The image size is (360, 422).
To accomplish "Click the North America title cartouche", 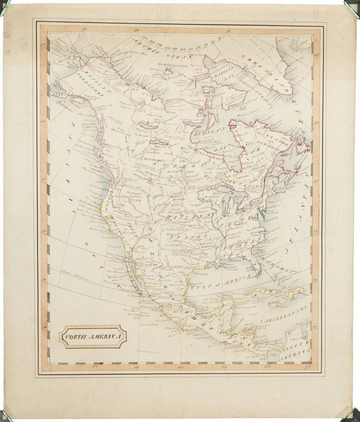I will click(x=94, y=337).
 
